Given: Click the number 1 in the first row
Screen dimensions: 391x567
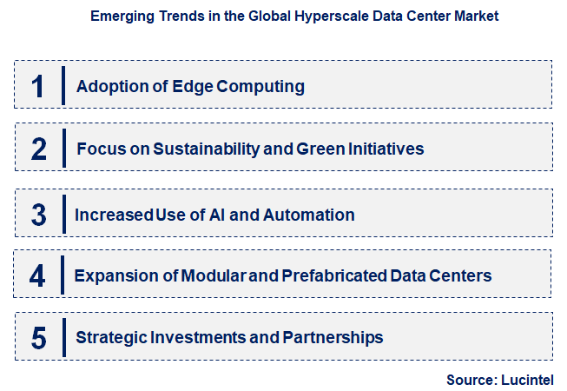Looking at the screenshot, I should pyautogui.click(x=38, y=86).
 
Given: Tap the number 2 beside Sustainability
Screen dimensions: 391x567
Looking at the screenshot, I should pyautogui.click(x=38, y=149).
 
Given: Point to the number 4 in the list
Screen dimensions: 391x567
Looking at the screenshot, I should pyautogui.click(x=37, y=275).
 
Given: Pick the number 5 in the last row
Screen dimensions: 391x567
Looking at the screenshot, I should pyautogui.click(x=38, y=337).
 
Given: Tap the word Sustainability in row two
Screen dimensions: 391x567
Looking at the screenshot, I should pyautogui.click(x=205, y=149).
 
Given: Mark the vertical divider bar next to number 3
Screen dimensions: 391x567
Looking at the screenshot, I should pyautogui.click(x=63, y=215).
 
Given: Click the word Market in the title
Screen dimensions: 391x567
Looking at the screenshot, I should pyautogui.click(x=476, y=16).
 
